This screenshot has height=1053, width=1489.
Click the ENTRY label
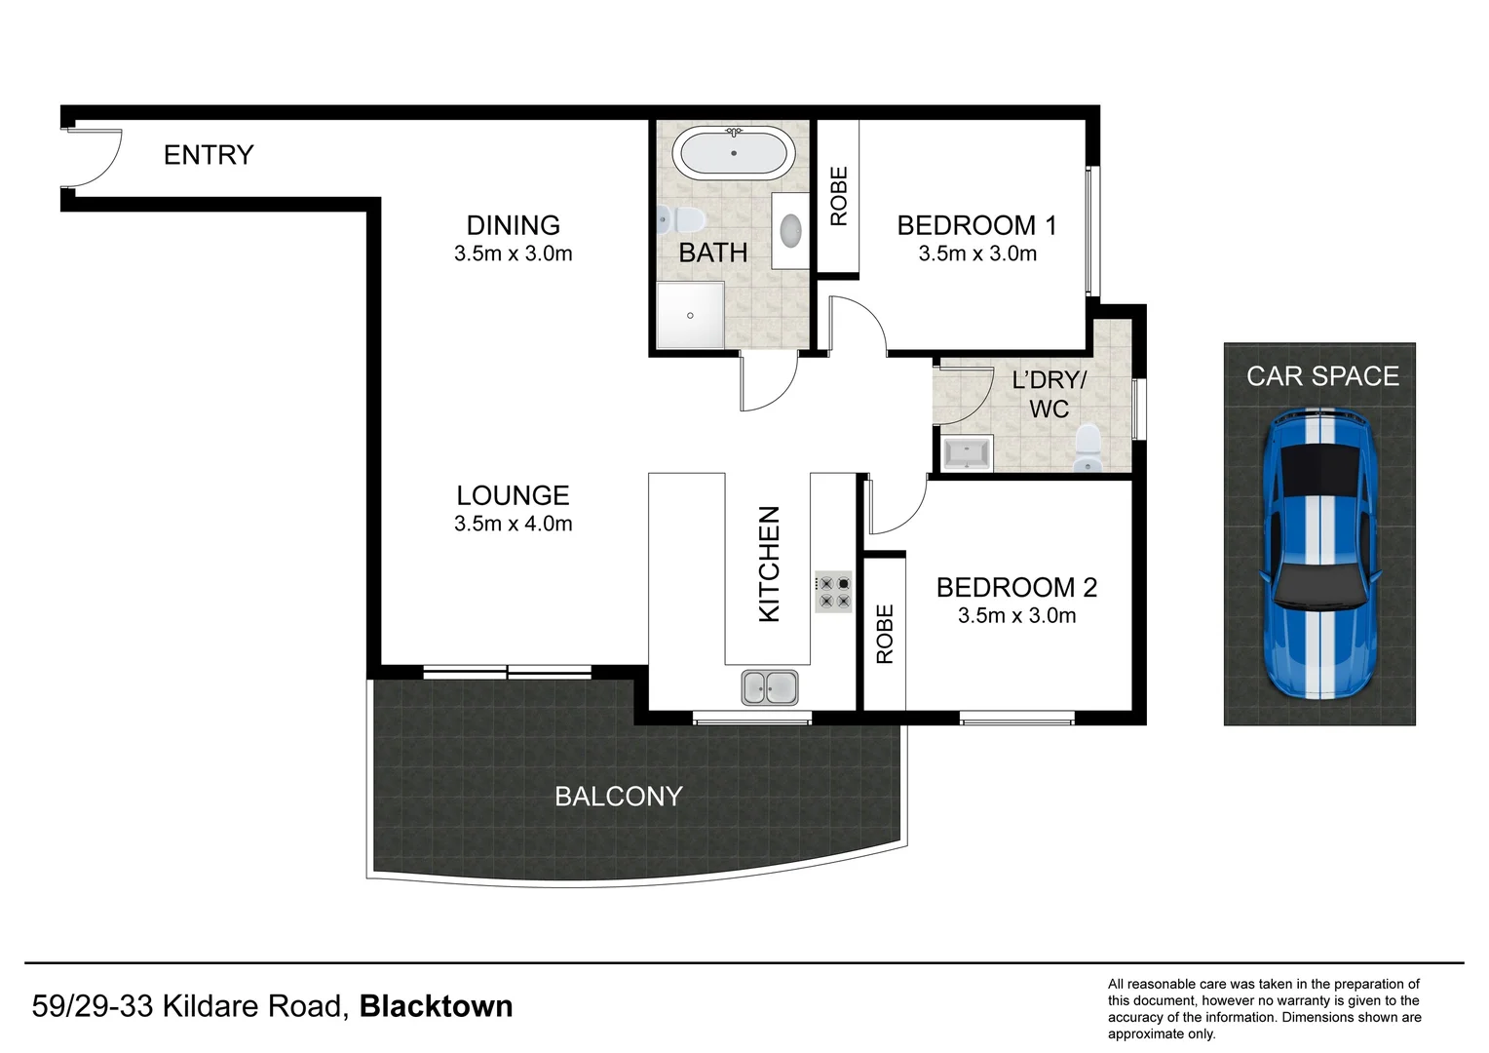point(208,155)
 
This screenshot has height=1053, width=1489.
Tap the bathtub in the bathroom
point(733,153)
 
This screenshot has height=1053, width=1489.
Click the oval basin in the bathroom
point(789,230)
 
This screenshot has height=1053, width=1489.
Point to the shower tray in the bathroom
point(690,315)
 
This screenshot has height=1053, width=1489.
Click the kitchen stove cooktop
point(833,592)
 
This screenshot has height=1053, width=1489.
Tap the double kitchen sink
point(769,687)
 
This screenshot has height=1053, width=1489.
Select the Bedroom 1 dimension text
point(976,253)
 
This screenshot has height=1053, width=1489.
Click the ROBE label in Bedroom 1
point(838,196)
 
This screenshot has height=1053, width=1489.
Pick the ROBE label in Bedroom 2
point(884,634)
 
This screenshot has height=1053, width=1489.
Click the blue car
point(1319,554)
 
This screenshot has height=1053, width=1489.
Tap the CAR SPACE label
point(1321,376)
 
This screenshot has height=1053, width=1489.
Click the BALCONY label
point(618,797)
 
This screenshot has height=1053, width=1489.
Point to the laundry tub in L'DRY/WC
point(965,454)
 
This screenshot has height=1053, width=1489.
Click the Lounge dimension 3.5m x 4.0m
point(513,524)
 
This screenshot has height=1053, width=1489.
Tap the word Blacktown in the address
point(436,1006)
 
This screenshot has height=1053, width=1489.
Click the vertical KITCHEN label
point(769,564)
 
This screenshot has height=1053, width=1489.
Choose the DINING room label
point(513,225)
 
